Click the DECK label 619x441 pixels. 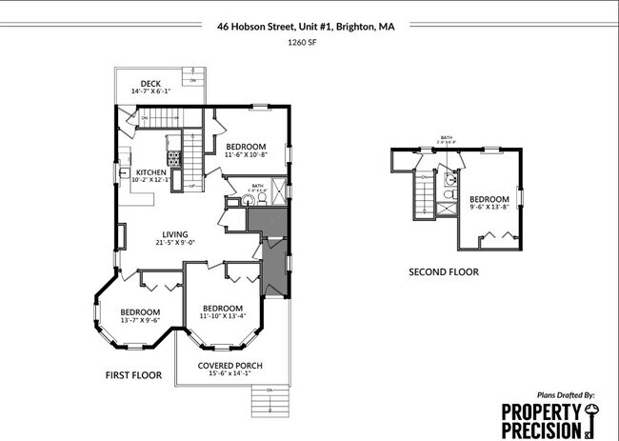150,84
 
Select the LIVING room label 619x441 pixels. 174,234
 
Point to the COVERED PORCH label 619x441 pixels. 230,366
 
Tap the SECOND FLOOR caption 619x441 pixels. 443,271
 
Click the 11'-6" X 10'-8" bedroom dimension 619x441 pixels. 247,155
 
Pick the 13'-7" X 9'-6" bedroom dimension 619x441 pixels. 140,321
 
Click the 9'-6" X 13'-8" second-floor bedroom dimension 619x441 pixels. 489,207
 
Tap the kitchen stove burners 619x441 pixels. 174,157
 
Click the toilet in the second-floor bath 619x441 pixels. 449,194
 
